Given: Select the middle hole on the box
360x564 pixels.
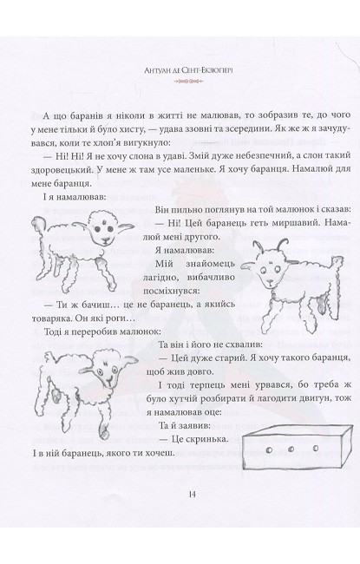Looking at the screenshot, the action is [x=291, y=449].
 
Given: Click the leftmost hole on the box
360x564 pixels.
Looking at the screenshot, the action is [x=270, y=449].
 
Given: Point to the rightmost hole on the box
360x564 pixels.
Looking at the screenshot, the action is [x=316, y=448].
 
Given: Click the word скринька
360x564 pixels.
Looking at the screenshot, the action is [x=211, y=439].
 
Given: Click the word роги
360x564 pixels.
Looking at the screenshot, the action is [x=117, y=318].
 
